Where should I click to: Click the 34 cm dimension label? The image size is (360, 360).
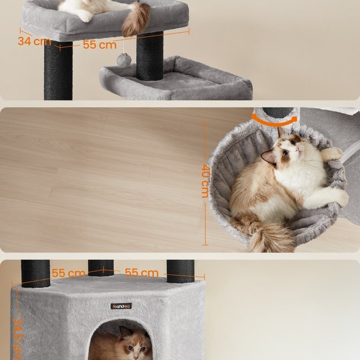(34, 41)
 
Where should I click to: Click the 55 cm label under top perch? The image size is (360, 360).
(100, 45)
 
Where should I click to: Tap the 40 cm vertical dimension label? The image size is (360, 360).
(205, 181)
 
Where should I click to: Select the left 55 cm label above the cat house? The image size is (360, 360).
(68, 273)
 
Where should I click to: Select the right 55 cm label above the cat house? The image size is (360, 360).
(142, 273)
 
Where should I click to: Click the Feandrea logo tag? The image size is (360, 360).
(121, 306)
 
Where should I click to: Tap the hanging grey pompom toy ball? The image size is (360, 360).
(124, 60)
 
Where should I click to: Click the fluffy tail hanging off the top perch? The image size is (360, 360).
(136, 20)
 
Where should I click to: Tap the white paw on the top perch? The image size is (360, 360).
(86, 17)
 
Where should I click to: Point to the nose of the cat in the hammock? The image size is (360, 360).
(298, 150)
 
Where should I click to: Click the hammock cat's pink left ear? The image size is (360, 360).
(269, 156)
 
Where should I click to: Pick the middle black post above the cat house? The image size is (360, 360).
(101, 268)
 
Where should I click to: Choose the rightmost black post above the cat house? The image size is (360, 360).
(180, 271)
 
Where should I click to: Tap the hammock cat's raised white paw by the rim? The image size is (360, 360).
(330, 153)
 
